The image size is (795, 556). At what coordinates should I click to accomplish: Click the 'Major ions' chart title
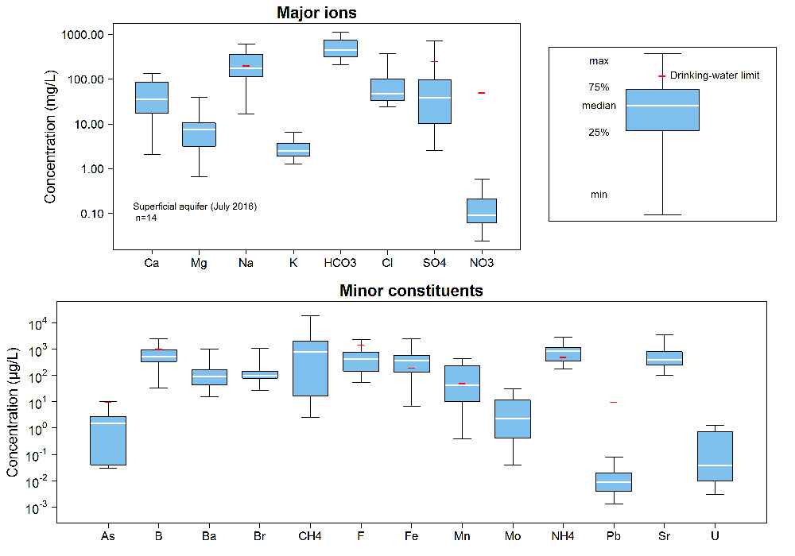[x=316, y=13]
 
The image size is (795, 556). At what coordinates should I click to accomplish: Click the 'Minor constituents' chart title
[x=411, y=291]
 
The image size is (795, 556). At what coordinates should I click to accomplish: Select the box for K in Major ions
[x=293, y=149]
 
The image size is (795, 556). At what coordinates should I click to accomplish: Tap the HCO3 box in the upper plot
[x=340, y=48]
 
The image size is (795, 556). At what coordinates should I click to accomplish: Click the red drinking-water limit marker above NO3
[x=481, y=93]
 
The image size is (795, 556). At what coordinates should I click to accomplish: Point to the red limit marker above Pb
[x=613, y=402]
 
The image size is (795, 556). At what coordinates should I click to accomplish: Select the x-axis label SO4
[x=434, y=263]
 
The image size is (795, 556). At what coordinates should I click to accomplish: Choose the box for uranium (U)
[x=715, y=456]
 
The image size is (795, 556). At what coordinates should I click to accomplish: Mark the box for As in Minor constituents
[x=108, y=440]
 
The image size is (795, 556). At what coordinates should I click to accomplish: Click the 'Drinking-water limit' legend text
[x=715, y=75]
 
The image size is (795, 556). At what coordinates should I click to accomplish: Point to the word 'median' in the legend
[x=599, y=106]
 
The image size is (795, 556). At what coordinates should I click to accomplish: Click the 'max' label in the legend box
[x=599, y=61]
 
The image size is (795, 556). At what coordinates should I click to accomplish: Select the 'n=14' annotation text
[x=146, y=218]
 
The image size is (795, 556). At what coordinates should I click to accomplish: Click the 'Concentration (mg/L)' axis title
[x=51, y=136]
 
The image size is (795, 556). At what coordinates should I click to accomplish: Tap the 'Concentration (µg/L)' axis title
[x=14, y=414]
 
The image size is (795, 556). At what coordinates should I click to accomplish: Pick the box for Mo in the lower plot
[x=513, y=419]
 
